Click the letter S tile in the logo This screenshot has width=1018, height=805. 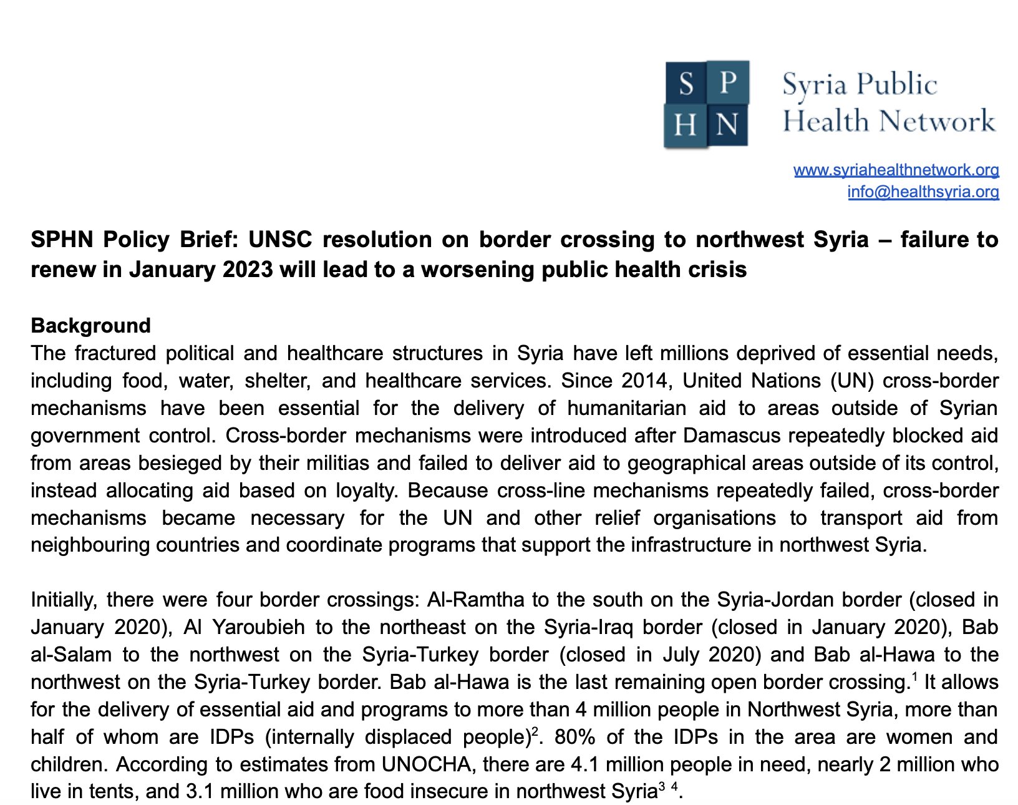click(x=686, y=83)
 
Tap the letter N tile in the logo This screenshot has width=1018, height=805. click(x=727, y=125)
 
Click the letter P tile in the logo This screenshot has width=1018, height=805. click(x=728, y=82)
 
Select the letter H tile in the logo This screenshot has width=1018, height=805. click(x=685, y=125)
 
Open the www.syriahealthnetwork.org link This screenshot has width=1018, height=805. click(x=896, y=170)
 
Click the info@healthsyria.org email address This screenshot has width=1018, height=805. click(x=923, y=192)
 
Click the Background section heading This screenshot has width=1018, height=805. click(x=90, y=325)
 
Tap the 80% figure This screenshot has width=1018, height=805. click(x=574, y=737)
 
